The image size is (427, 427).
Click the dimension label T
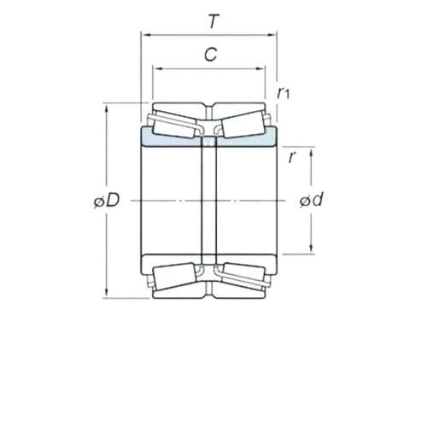point(213,21)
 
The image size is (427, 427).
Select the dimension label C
point(211,55)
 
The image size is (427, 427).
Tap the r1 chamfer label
point(284,93)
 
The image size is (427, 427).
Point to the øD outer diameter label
point(107,200)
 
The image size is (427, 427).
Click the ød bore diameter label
point(312,199)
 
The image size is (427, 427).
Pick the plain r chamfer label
point(292,157)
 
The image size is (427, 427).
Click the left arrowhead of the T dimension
point(147,35)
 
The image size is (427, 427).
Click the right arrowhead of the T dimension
point(271,35)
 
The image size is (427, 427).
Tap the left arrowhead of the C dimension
point(158,68)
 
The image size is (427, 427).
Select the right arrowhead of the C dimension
point(260,68)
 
